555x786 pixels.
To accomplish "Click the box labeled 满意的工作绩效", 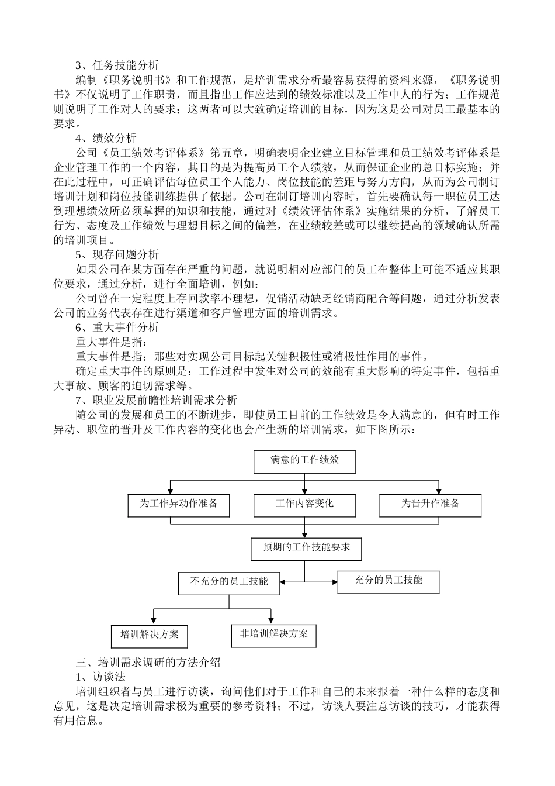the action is point(304,461).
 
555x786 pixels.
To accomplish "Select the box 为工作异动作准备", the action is point(178,505).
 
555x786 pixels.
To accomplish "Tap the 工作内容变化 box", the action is point(304,505).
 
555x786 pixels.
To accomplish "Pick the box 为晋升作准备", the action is point(430,505).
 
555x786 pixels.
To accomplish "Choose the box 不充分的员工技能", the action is point(229,582).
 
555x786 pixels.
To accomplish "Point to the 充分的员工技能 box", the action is point(388,581).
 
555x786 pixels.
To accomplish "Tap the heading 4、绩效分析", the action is point(106,139).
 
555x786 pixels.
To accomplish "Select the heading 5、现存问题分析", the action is point(117,255).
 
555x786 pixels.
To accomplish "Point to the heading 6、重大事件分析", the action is point(117,327).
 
